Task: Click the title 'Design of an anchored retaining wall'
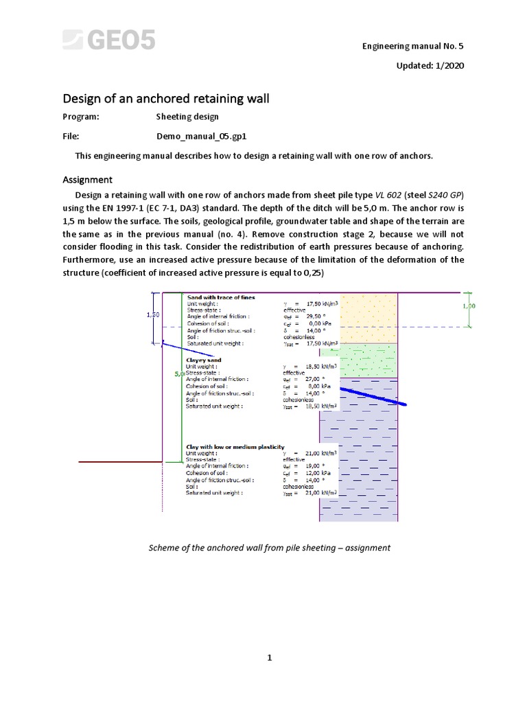click(166, 99)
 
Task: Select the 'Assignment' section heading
click(88, 180)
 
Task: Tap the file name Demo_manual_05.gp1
click(201, 136)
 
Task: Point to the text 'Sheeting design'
click(187, 117)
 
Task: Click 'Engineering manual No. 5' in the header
click(412, 46)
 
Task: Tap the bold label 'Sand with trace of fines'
click(221, 297)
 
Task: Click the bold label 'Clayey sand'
click(204, 360)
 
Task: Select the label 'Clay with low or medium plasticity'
click(235, 448)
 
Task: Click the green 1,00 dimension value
click(468, 306)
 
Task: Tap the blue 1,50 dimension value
click(154, 314)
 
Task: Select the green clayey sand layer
click(369, 359)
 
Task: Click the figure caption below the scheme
click(270, 548)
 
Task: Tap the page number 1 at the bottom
click(270, 658)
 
